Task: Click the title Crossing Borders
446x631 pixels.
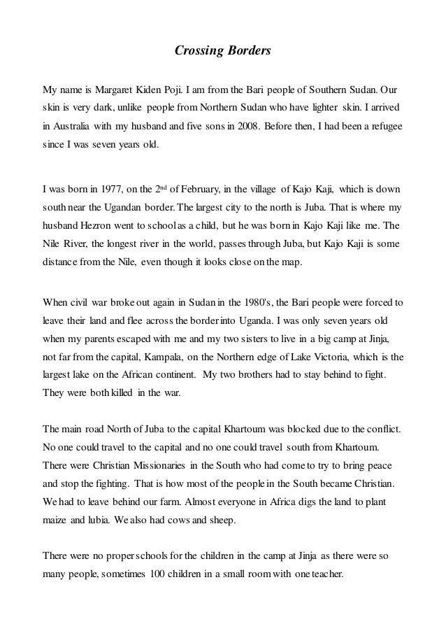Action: [222, 51]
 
